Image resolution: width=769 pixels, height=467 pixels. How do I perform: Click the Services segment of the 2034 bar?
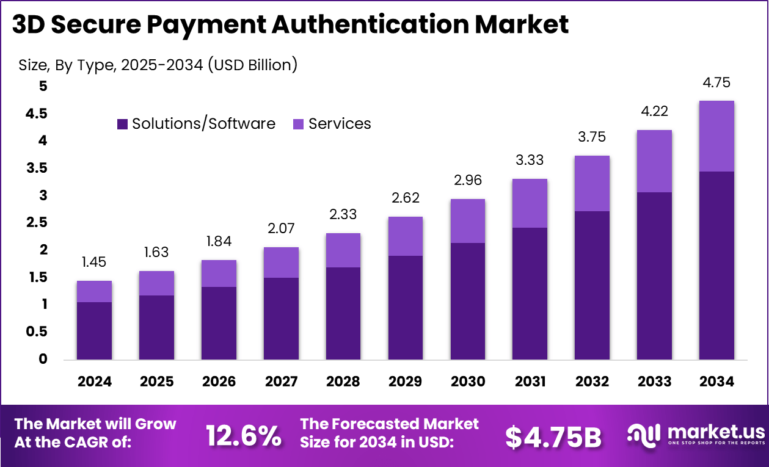click(716, 136)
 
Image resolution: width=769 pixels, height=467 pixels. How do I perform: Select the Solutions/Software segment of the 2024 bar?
click(94, 330)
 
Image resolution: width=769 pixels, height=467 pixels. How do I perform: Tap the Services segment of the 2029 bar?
click(405, 236)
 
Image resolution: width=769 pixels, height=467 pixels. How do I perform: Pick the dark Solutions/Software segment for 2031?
click(530, 293)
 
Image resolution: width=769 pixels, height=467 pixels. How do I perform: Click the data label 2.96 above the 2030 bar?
click(467, 181)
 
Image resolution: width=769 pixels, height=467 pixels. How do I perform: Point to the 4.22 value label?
click(654, 111)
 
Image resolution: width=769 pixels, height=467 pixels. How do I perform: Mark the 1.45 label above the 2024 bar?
click(94, 262)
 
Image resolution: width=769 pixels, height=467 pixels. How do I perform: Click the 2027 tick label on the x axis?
click(281, 382)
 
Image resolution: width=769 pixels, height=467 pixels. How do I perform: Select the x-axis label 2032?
click(592, 382)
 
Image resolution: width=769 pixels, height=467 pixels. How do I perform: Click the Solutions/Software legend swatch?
click(122, 124)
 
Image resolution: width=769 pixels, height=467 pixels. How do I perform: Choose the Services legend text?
click(340, 124)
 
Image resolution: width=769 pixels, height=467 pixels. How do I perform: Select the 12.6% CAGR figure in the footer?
click(243, 436)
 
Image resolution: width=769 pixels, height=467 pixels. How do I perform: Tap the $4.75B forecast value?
click(553, 436)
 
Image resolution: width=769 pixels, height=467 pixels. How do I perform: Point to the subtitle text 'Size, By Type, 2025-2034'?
click(110, 65)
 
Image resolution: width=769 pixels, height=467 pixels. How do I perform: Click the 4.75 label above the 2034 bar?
click(716, 82)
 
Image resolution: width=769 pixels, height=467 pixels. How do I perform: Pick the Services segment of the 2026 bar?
click(219, 273)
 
